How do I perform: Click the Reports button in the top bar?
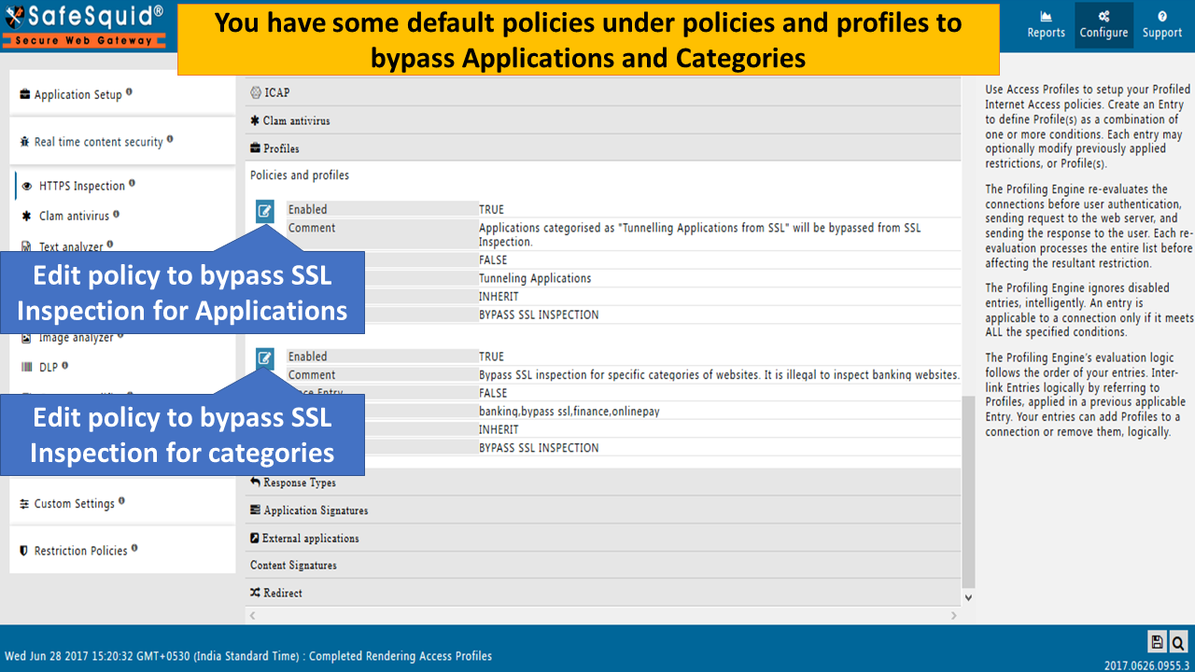[x=1046, y=25]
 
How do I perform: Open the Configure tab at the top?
[x=1104, y=25]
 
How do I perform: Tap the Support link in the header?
[x=1161, y=25]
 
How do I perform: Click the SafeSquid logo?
[x=84, y=25]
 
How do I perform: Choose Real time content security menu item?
[x=97, y=142]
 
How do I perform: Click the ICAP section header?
[x=277, y=92]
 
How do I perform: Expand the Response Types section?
[x=299, y=483]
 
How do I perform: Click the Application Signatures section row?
[x=316, y=511]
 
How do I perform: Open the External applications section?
[x=310, y=538]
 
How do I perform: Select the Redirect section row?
[x=282, y=593]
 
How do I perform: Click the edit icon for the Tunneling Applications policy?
[x=265, y=211]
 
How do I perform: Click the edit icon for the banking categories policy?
[x=265, y=357]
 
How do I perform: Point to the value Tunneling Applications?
[x=535, y=278]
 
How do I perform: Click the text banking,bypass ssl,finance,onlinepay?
[x=569, y=411]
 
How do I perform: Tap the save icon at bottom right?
[x=1157, y=641]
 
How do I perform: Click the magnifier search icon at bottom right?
[x=1177, y=641]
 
